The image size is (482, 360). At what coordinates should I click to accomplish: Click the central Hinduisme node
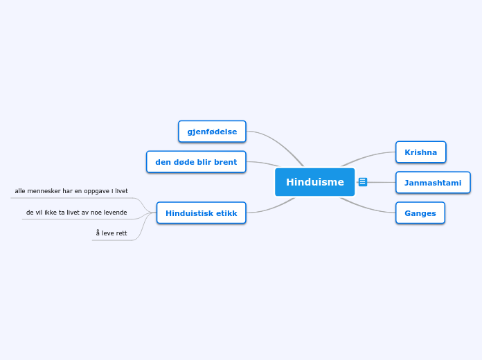[x=314, y=182]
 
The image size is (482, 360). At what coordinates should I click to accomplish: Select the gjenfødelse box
[x=212, y=132]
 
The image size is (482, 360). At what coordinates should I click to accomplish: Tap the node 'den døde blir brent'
[x=196, y=162]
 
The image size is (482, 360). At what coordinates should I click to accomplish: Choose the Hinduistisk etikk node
[x=201, y=213]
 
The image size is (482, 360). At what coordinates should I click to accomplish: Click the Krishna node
[x=420, y=152]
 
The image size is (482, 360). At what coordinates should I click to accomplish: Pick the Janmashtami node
[x=433, y=183]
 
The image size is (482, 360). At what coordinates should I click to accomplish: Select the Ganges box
[x=420, y=213]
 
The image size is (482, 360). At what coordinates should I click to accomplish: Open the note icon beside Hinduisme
[x=363, y=182]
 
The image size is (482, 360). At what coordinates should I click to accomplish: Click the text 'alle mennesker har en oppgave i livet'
[x=71, y=191]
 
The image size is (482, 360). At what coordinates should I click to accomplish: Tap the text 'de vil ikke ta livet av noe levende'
[x=76, y=213]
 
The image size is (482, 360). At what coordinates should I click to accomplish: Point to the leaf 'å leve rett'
[x=111, y=233]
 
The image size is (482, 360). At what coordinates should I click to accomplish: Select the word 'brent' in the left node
[x=224, y=162]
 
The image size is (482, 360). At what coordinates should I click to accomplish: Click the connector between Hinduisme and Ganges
[x=367, y=208]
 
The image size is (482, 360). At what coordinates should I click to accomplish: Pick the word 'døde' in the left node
[x=182, y=162]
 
